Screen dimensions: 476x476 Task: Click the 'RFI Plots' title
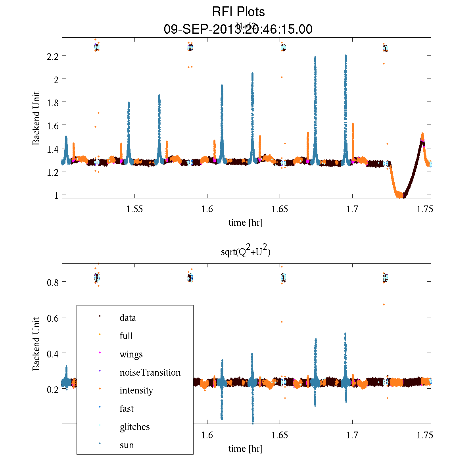pos(238,12)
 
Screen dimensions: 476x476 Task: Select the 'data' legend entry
pos(127,318)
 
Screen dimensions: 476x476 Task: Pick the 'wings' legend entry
pos(131,354)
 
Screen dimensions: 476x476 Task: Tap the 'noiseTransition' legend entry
pos(150,372)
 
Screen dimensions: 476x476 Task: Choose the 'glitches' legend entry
pos(134,427)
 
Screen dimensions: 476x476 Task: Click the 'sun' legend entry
pos(127,445)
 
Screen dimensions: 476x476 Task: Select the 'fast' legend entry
pos(127,409)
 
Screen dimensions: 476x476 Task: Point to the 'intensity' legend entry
pos(136,390)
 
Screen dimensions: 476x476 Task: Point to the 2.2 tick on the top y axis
pos(52,56)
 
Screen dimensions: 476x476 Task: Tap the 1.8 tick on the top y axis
pos(52,102)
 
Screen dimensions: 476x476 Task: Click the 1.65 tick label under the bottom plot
pos(280,436)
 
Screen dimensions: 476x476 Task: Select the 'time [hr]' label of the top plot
pos(246,223)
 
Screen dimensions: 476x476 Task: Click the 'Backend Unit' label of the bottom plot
pos(36,344)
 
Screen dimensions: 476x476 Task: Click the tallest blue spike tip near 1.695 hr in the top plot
pos(345,56)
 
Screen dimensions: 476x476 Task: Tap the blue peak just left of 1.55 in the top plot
pos(129,103)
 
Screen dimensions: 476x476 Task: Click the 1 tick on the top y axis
pos(56,195)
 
